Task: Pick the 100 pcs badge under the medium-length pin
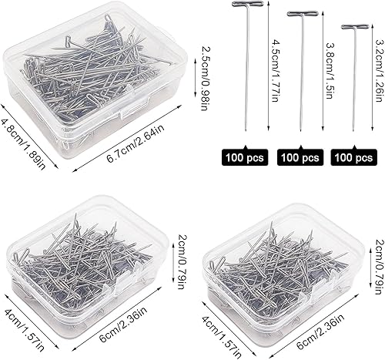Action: pos(300,158)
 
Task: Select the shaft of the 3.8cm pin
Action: pos(300,77)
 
